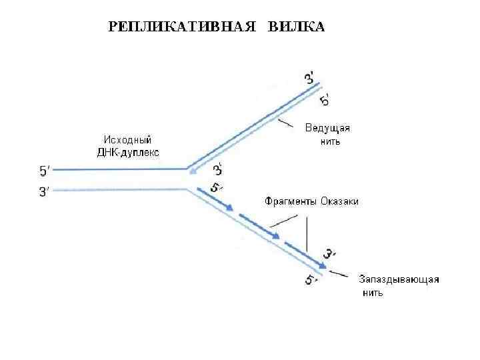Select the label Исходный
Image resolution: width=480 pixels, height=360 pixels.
[127, 140]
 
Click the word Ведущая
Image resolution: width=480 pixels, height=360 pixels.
[327, 128]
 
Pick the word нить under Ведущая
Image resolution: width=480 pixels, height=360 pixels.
[330, 141]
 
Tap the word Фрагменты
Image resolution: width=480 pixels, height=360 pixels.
[289, 201]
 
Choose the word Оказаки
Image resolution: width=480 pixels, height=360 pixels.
[339, 201]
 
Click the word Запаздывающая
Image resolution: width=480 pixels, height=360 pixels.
[399, 279]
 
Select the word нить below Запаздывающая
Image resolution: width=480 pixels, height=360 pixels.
[373, 293]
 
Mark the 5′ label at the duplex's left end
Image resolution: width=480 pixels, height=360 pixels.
[45, 171]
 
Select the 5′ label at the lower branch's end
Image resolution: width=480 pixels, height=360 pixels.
[311, 280]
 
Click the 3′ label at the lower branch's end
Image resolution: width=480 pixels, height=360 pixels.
[330, 254]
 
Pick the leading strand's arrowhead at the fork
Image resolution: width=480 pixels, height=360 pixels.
[193, 172]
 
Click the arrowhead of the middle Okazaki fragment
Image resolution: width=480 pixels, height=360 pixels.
[275, 235]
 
